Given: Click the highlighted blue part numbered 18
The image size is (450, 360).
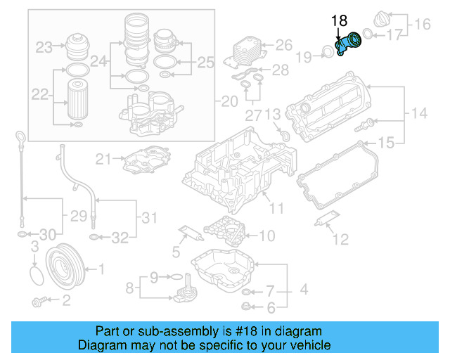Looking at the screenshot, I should click(x=349, y=46).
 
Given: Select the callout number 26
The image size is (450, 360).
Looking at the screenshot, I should click(x=283, y=46).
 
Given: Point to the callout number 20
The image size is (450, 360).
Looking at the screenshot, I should click(x=229, y=102).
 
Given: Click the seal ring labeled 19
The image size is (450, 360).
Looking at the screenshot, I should click(x=327, y=51).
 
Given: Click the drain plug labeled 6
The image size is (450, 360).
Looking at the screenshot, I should click(x=245, y=305).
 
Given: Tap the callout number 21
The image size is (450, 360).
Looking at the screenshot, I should click(x=104, y=159).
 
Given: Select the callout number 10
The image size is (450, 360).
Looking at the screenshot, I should click(x=267, y=236).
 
